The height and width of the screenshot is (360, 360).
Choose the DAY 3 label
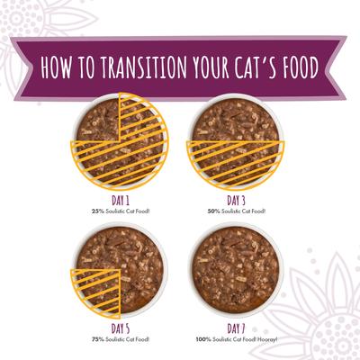(x=235, y=202)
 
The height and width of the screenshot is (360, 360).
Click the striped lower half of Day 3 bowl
(x=235, y=164)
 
